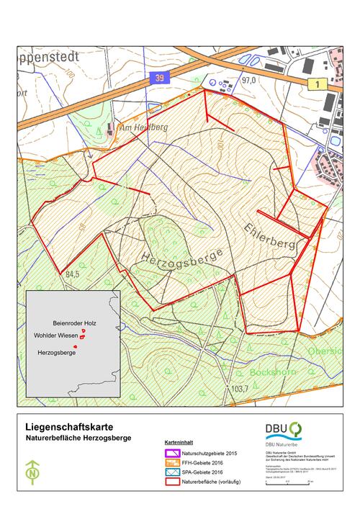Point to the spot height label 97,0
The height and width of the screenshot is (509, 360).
249,81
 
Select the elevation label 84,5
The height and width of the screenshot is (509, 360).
71,275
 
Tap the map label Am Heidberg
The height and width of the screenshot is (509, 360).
143,127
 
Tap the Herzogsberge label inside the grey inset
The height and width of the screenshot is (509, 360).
56,353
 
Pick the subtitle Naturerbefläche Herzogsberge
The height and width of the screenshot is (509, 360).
77,438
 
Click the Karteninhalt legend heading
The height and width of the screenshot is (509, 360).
177,443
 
